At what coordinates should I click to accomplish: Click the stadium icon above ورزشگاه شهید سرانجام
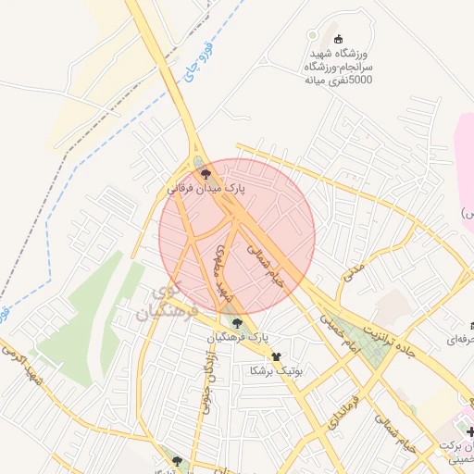pos(339,39)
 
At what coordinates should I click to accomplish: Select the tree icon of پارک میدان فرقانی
pos(206,173)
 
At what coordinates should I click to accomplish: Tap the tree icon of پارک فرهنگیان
pos(238,323)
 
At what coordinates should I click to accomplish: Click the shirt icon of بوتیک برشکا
pos(275,356)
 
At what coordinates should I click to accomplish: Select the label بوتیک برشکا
pos(275,370)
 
